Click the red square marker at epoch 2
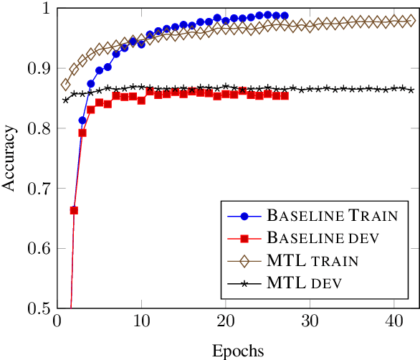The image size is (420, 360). [x=74, y=210]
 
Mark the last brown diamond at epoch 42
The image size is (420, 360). [x=411, y=22]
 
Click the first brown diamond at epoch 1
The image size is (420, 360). [x=66, y=85]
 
